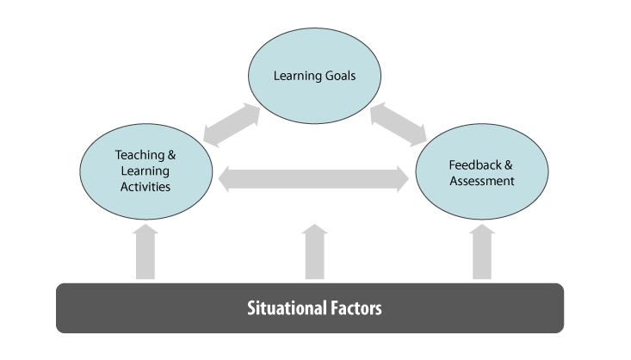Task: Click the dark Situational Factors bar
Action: pos(310,307)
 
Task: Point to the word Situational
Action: pos(284,307)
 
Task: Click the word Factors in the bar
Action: pos(352,307)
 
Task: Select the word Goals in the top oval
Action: pos(339,76)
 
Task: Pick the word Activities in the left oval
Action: pos(145,185)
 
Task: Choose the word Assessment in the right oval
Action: pos(481,181)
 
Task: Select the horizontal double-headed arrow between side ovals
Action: pos(314,180)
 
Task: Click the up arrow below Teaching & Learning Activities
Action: pos(145,251)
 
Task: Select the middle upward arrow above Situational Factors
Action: pos(315,251)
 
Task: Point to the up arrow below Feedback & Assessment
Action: pos(482,251)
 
